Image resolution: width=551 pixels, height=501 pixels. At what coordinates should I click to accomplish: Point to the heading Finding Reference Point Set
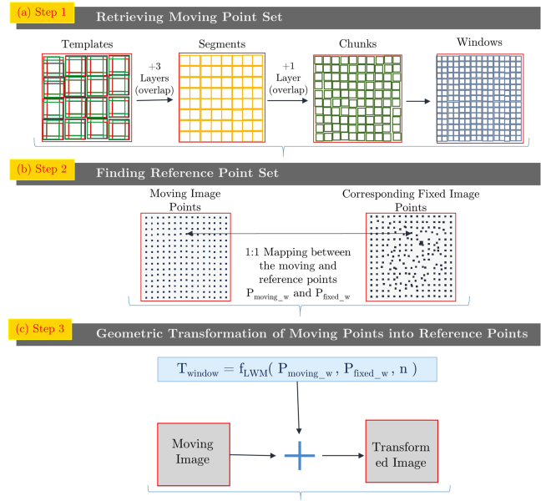[188, 174]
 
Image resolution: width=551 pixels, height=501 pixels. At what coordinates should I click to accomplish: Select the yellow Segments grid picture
[221, 97]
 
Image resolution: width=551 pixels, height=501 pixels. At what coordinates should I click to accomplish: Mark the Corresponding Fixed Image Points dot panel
[411, 256]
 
